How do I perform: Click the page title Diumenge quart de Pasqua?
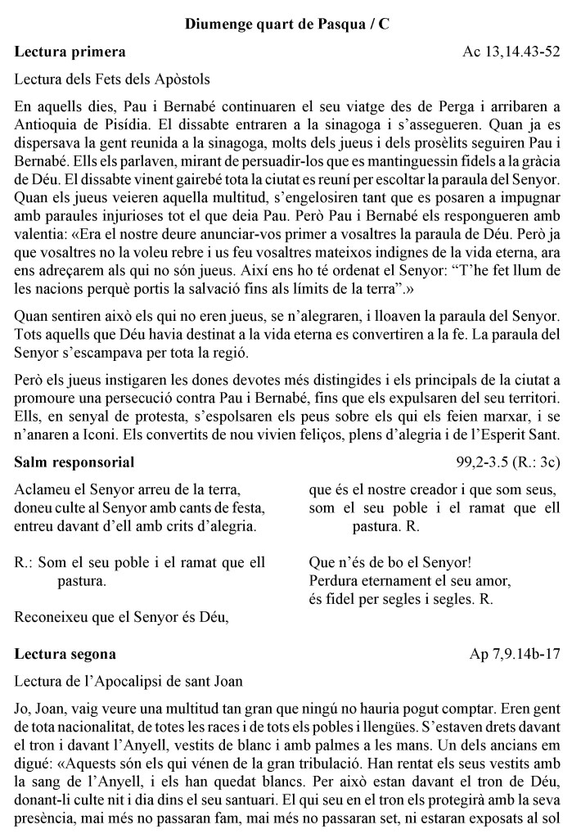click(286, 25)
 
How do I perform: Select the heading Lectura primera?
click(70, 52)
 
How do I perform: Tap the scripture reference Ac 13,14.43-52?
click(511, 52)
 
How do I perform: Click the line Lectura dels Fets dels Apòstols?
click(112, 79)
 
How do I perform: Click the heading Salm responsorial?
click(74, 463)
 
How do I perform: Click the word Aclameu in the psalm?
click(41, 491)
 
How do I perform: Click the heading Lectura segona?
click(65, 654)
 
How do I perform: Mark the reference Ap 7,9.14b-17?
click(515, 654)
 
